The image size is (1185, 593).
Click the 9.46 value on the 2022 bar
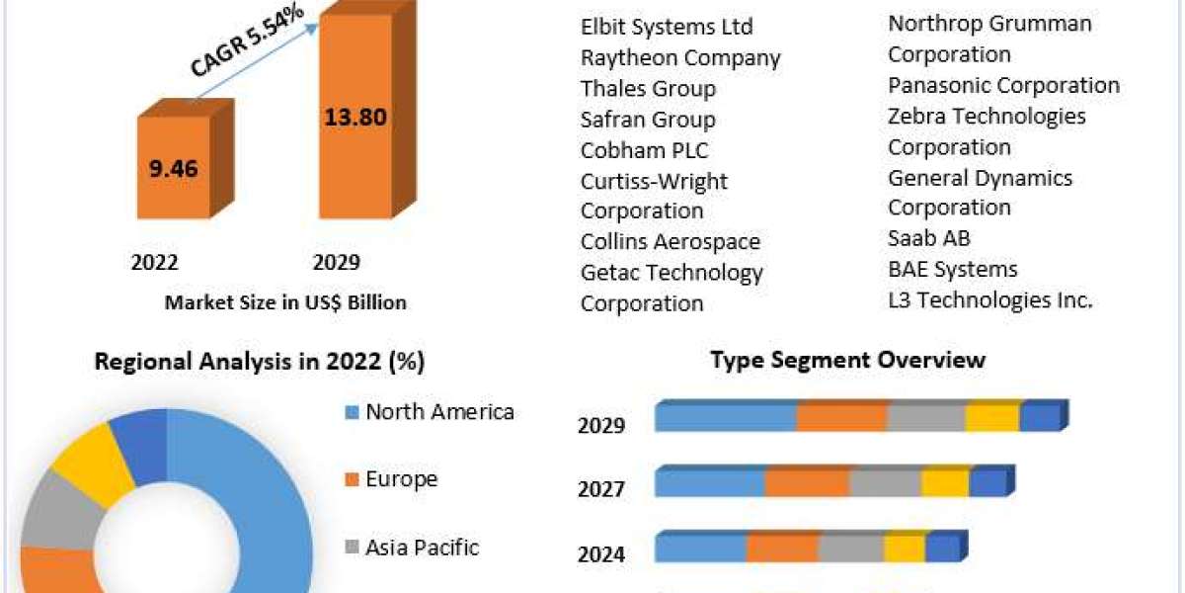pyautogui.click(x=173, y=168)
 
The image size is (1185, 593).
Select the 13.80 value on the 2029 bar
pyautogui.click(x=355, y=118)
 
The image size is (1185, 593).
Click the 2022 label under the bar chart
pyautogui.click(x=154, y=263)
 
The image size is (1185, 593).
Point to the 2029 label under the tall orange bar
pyautogui.click(x=336, y=263)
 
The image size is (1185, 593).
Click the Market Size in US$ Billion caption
pyautogui.click(x=285, y=302)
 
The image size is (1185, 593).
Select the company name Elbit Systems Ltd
pyautogui.click(x=667, y=26)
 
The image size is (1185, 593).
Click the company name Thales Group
pyautogui.click(x=648, y=88)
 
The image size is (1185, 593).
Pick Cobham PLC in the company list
pyautogui.click(x=644, y=150)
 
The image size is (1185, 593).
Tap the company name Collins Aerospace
pyautogui.click(x=671, y=241)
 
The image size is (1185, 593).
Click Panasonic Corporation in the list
pyautogui.click(x=1003, y=85)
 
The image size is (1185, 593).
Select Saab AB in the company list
pyautogui.click(x=929, y=238)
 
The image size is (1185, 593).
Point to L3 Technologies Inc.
pyautogui.click(x=990, y=300)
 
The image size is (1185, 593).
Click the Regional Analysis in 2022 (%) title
pyautogui.click(x=260, y=362)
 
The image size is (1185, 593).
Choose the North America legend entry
pyautogui.click(x=439, y=412)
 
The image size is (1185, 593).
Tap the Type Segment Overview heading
pyautogui.click(x=847, y=359)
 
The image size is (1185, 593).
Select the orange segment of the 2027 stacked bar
pyautogui.click(x=807, y=483)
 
